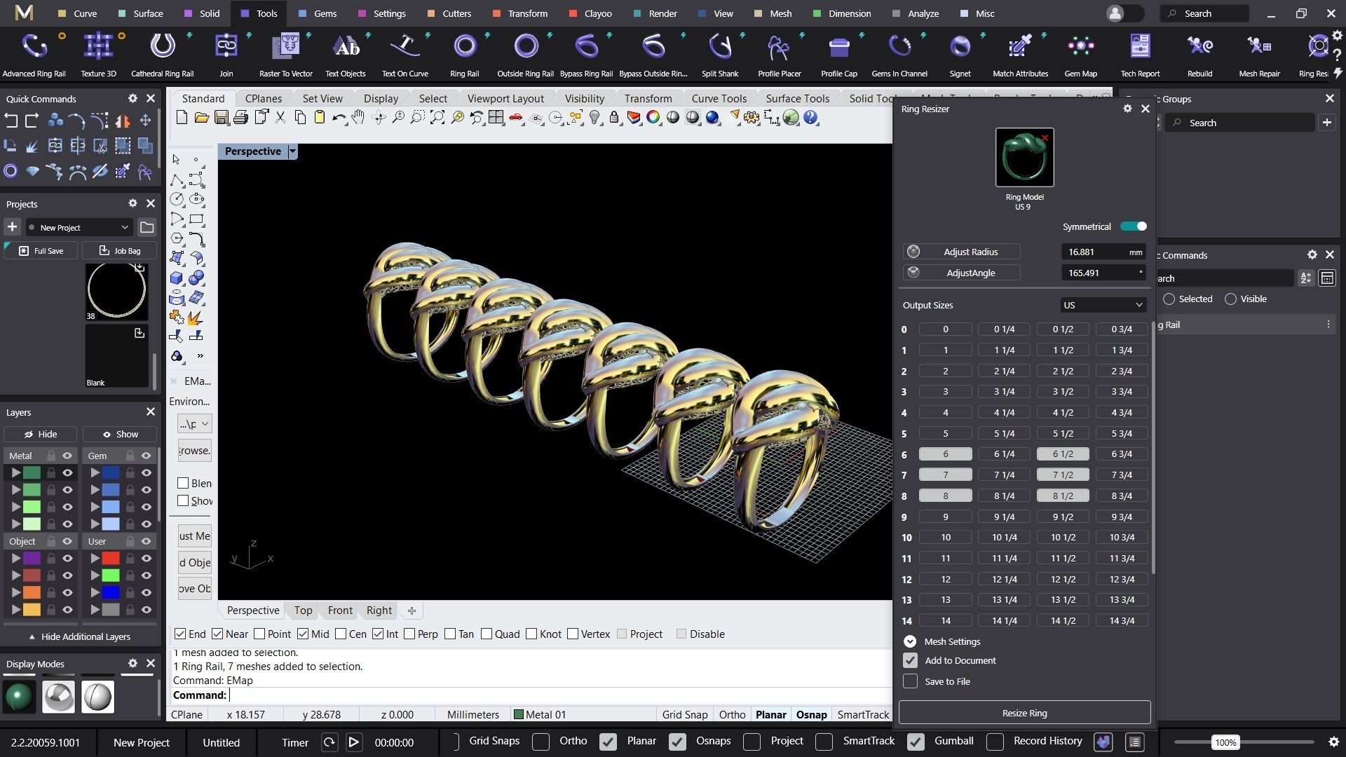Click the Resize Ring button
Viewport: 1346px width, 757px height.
1024,713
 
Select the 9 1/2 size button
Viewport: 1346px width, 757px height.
1063,517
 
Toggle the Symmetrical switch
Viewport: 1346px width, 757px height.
1133,226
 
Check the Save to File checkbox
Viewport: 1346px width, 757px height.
910,681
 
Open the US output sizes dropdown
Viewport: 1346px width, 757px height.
1103,305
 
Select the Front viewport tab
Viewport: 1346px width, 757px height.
340,611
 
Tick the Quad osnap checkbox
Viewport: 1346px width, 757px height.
487,634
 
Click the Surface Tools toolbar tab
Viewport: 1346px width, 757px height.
797,99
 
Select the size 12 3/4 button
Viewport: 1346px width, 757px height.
1122,579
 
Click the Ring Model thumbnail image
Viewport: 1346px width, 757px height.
1024,158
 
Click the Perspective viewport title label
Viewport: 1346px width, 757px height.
252,151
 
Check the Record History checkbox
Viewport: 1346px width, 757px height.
995,742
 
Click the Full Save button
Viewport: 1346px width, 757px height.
41,251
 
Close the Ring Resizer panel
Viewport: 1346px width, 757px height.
1146,109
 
